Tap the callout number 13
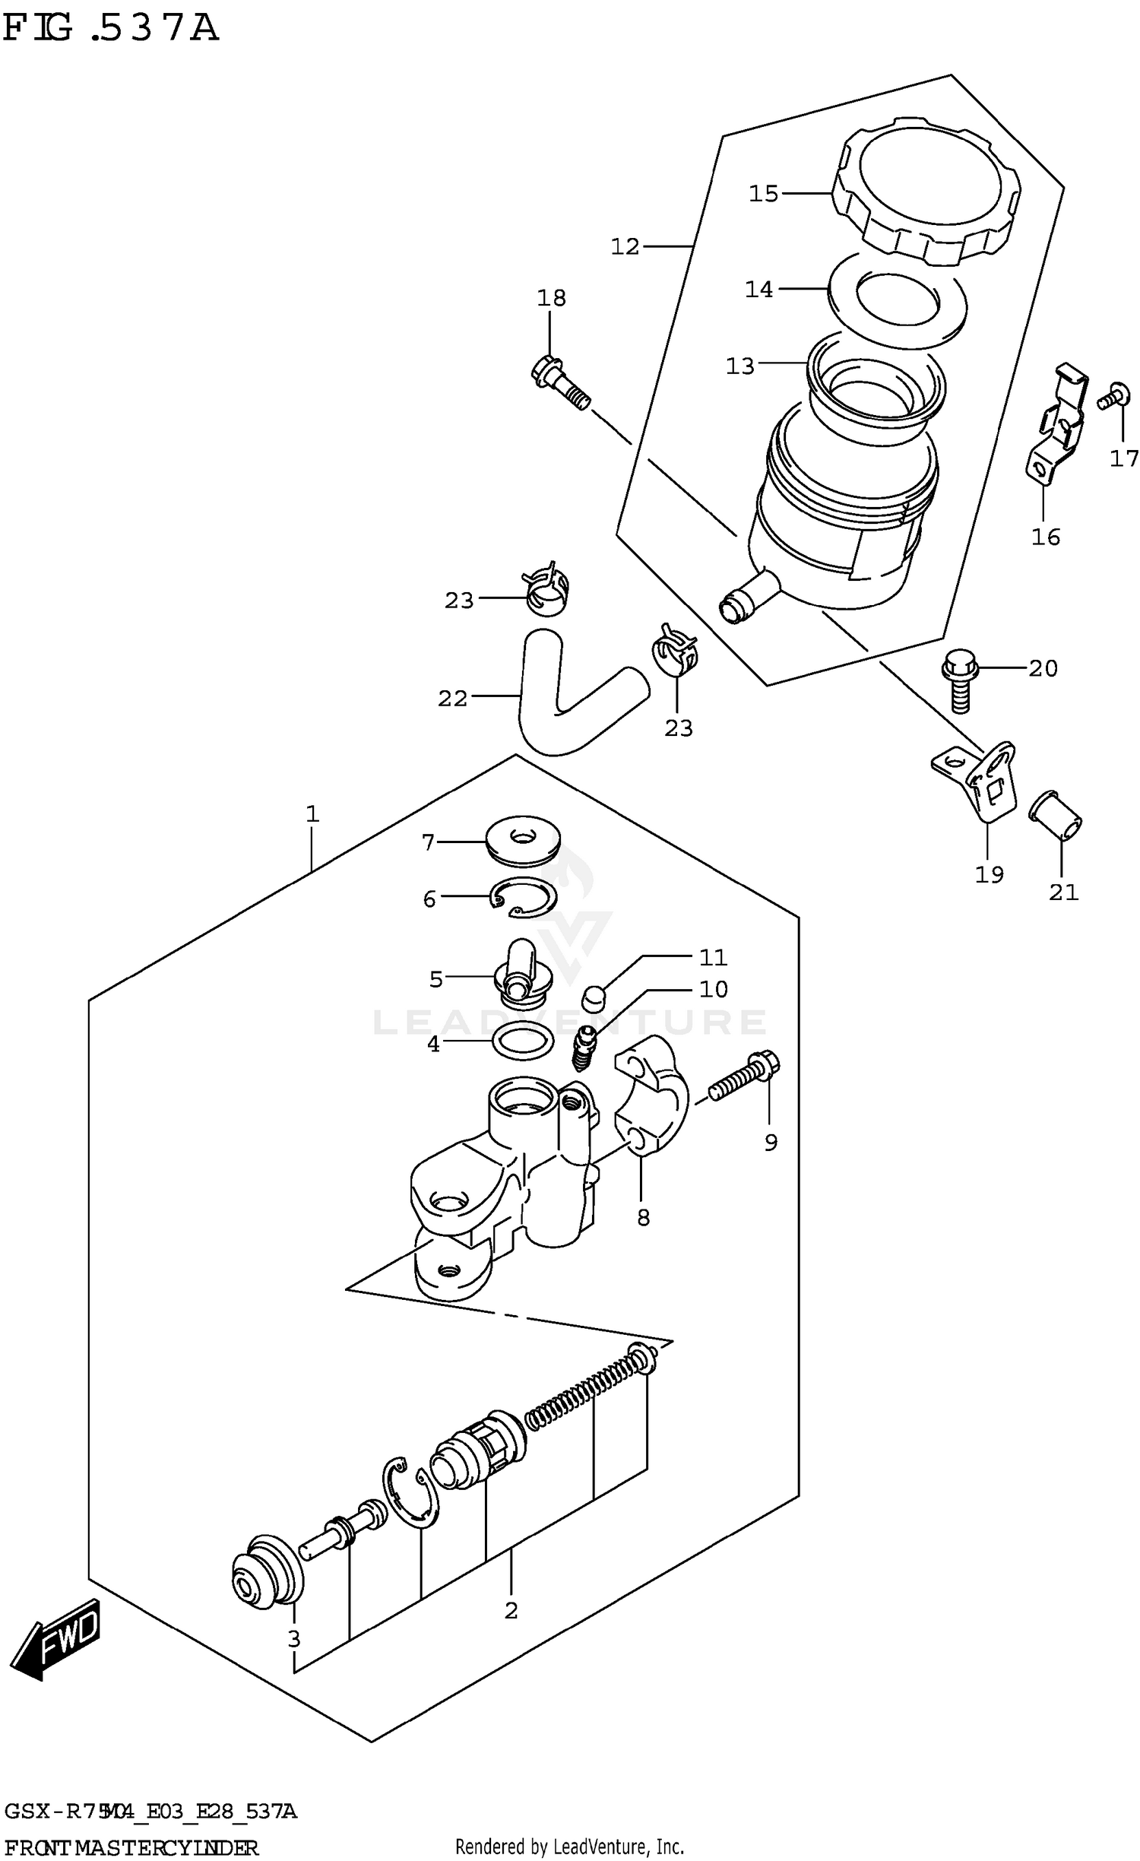point(739,366)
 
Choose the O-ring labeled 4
point(523,1041)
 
